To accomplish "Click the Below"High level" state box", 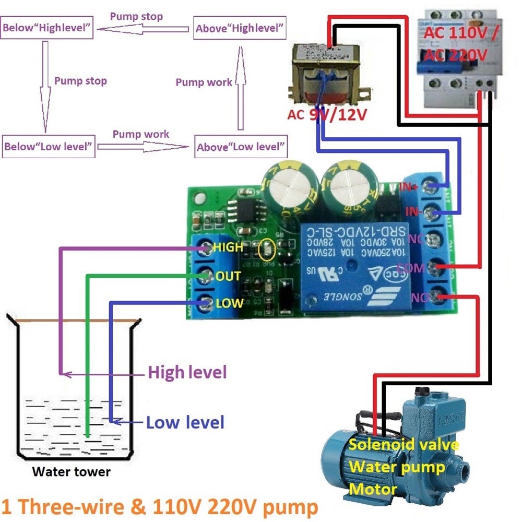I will [48, 29].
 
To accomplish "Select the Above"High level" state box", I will [240, 29].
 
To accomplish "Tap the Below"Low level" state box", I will [49, 146].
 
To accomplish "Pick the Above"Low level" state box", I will [241, 147].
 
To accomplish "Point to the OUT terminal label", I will [228, 276].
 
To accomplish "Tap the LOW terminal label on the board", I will [230, 303].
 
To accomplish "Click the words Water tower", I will [71, 472].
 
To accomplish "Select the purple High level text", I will [187, 373].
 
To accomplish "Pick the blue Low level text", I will [185, 422].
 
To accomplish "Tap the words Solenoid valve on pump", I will [404, 445].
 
